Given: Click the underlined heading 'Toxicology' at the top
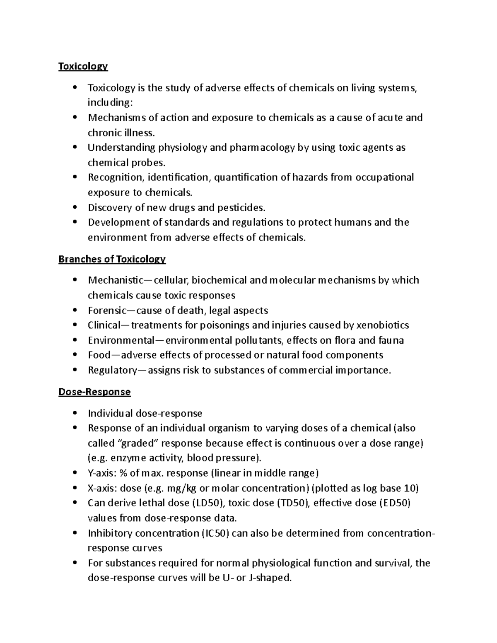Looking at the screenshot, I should (x=83, y=66).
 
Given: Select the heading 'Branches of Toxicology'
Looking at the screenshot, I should (x=112, y=259).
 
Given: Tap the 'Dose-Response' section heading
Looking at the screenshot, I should (x=94, y=392).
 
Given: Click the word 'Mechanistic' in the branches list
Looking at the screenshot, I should (x=114, y=280).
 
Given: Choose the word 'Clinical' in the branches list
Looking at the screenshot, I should (x=104, y=325).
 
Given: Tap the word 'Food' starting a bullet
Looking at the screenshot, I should (x=99, y=355).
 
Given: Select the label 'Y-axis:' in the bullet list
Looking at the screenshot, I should (x=102, y=473).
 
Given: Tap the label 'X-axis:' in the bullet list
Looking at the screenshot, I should (x=102, y=488).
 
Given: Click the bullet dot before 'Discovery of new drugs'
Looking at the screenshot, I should (x=75, y=207).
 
